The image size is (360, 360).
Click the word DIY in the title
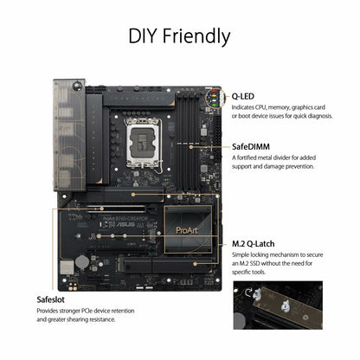(145, 36)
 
